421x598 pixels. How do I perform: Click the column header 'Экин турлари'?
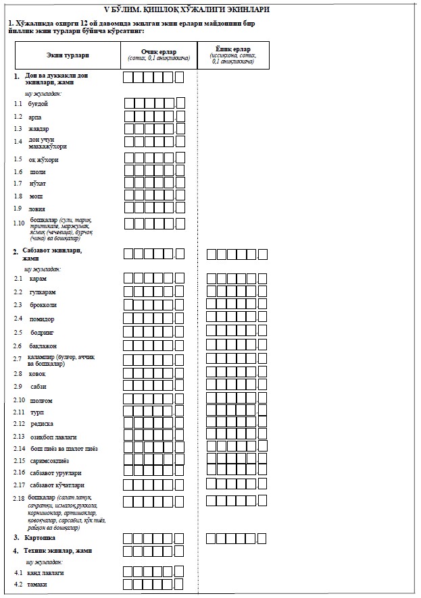68,55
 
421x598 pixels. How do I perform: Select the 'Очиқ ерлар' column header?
159,51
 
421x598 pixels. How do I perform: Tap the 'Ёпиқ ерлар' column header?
233,49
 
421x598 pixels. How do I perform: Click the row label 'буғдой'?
39,104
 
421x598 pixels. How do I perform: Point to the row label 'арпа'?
35,117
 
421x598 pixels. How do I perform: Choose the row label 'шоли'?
38,172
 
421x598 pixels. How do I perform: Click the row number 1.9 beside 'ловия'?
18,209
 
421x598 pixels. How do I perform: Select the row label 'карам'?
39,278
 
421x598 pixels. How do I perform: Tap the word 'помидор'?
43,319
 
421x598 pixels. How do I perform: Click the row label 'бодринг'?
42,333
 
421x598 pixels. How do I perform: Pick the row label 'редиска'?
42,424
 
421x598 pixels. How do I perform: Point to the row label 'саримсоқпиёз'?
49,460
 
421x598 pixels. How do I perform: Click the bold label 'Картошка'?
39,538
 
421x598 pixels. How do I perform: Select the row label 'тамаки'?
38,584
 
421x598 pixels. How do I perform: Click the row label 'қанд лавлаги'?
46,572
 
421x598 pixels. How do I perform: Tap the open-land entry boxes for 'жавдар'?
154,128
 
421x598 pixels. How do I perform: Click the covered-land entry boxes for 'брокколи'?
237,305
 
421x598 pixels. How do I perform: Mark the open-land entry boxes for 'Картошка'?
154,538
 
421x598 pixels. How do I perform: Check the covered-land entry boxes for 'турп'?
237,411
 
